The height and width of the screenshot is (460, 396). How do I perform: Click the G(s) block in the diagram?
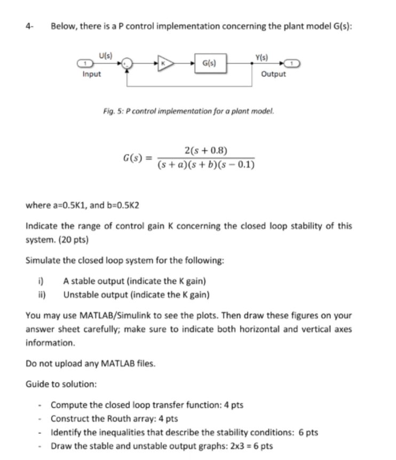coord(208,63)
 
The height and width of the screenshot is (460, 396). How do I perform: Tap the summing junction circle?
coord(126,63)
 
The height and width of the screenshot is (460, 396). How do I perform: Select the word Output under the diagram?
coord(273,74)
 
